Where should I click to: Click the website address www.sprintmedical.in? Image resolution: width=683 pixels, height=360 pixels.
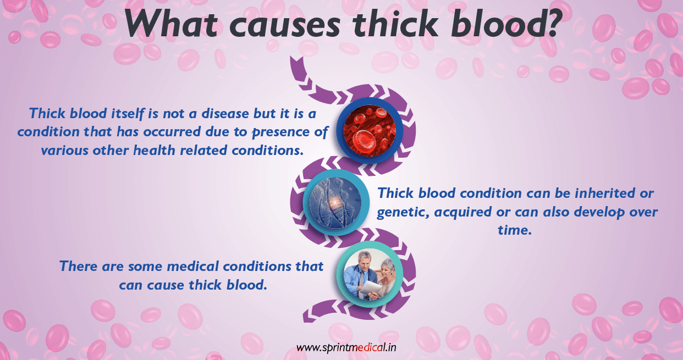346,347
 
